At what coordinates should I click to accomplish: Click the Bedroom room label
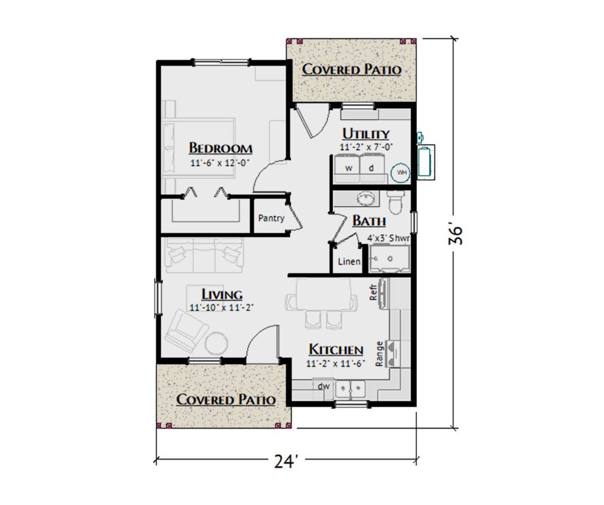coord(220,148)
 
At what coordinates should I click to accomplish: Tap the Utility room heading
coord(366,134)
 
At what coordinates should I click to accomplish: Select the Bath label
coord(369,221)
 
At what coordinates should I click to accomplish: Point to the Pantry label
coord(271,218)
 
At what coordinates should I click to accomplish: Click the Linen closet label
coord(349,262)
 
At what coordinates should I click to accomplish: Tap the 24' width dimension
coord(285,461)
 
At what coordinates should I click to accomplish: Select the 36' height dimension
coord(456,235)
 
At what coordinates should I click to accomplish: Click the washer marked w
coord(349,168)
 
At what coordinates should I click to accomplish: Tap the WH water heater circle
coord(400,173)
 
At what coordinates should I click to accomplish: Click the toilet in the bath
coord(396,202)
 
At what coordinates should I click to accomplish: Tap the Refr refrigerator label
coord(373,292)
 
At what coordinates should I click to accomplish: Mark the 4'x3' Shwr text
coord(389,238)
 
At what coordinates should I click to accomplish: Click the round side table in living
coord(216,344)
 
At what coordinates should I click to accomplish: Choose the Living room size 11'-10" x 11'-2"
coord(221,308)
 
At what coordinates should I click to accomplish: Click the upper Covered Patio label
coord(352,70)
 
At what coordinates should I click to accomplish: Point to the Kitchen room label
coord(336,350)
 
